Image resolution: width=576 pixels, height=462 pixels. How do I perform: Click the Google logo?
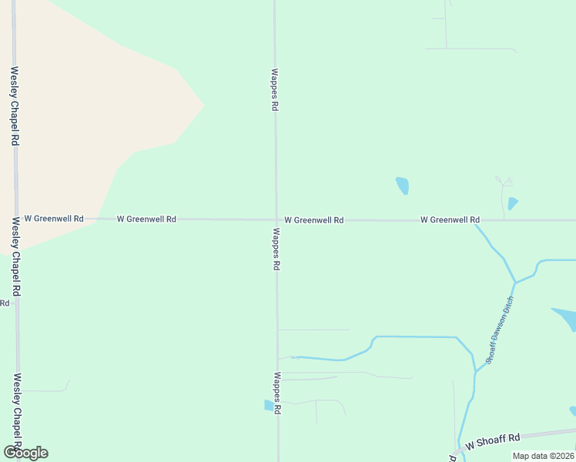pos(25,453)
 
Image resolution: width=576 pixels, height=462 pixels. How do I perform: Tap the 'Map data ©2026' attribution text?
pos(542,456)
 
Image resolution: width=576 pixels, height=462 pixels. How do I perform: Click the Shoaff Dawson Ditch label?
pos(499,330)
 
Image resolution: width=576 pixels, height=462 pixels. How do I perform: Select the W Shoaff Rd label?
pos(494,441)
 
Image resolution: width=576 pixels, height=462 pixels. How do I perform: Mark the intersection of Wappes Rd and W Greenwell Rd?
pos(276,219)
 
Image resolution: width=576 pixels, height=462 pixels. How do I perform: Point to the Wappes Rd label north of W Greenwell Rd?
pos(274,90)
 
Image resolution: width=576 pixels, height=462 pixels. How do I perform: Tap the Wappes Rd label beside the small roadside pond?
pos(276,393)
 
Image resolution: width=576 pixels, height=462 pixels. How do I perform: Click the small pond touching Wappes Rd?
pos(269,405)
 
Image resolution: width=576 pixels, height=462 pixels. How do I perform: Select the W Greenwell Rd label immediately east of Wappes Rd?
pos(313,220)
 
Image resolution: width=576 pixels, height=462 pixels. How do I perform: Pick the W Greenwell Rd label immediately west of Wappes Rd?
pos(146,219)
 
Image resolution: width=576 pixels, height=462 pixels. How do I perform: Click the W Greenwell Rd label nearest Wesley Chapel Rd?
pos(54,219)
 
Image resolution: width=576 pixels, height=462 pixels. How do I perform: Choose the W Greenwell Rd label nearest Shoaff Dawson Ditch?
pos(450,220)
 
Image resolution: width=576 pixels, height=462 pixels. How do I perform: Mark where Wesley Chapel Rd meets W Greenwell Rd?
pos(15,219)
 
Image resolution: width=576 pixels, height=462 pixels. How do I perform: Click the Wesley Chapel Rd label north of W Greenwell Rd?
pos(14,106)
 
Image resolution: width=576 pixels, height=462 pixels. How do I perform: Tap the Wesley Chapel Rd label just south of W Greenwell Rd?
pos(16,256)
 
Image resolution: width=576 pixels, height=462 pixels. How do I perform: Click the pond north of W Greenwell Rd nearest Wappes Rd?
pos(402,186)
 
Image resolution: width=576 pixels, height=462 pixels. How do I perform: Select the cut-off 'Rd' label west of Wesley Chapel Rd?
pos(4,303)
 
